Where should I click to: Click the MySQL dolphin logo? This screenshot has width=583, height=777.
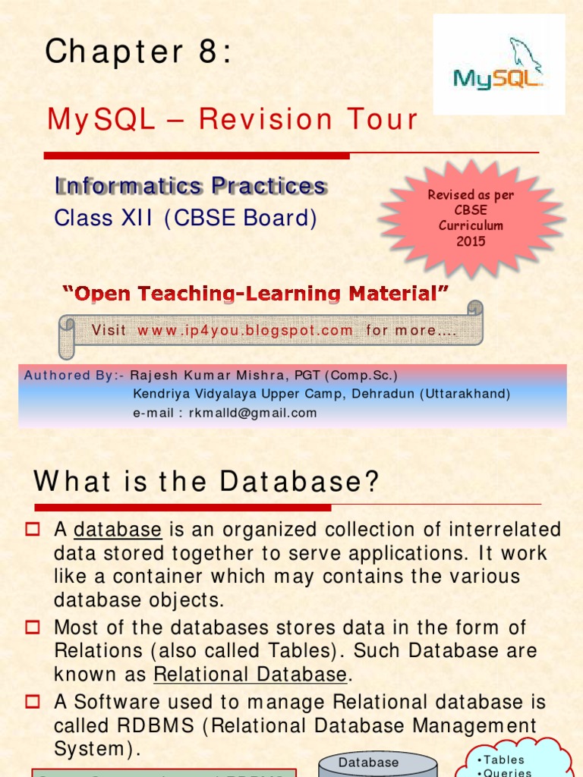click(499, 65)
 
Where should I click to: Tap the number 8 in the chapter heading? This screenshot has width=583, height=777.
click(203, 52)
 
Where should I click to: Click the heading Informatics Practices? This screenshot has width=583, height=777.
click(191, 185)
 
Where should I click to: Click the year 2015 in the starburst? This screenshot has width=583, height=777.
click(471, 241)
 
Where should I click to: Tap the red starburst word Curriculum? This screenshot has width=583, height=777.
click(471, 225)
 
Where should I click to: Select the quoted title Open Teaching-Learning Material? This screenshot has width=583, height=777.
click(254, 293)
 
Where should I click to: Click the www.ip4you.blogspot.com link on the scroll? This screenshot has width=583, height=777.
click(245, 330)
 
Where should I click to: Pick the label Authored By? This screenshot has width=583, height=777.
click(71, 375)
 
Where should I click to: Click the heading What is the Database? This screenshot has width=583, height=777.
click(206, 481)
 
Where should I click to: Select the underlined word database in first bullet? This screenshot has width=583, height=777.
click(118, 530)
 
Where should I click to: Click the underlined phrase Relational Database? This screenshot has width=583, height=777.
click(251, 675)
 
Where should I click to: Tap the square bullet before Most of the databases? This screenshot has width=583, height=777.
click(32, 627)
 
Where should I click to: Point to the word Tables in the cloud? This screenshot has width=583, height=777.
click(505, 760)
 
